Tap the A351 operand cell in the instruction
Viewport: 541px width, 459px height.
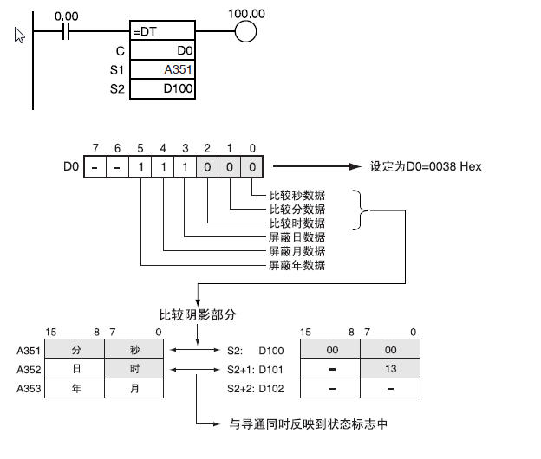pyautogui.click(x=163, y=70)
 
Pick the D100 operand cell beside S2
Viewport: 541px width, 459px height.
pyautogui.click(x=163, y=89)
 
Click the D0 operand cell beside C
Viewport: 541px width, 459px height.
pyautogui.click(x=163, y=51)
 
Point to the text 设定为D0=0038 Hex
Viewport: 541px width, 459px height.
pyautogui.click(x=426, y=166)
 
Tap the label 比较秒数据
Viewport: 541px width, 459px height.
pyautogui.click(x=297, y=195)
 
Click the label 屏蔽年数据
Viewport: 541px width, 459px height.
pyautogui.click(x=297, y=265)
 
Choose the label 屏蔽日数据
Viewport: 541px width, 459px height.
pyautogui.click(x=297, y=236)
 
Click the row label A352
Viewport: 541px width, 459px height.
pyautogui.click(x=28, y=370)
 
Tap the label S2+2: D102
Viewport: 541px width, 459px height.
pyautogui.click(x=255, y=389)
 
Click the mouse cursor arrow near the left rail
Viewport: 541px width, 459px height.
pyautogui.click(x=20, y=35)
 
